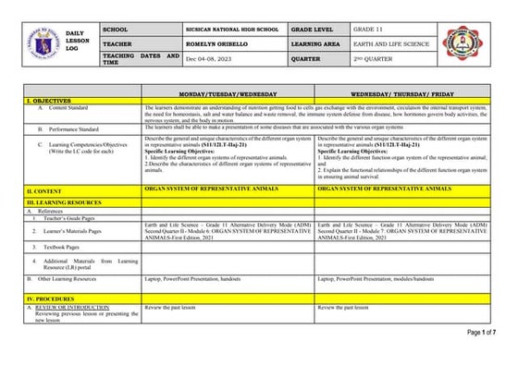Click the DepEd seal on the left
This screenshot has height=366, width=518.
(x=36, y=44)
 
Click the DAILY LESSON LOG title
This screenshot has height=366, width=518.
(x=74, y=44)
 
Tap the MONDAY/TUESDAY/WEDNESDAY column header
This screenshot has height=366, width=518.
(x=228, y=95)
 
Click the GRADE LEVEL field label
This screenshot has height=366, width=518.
(x=314, y=30)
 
